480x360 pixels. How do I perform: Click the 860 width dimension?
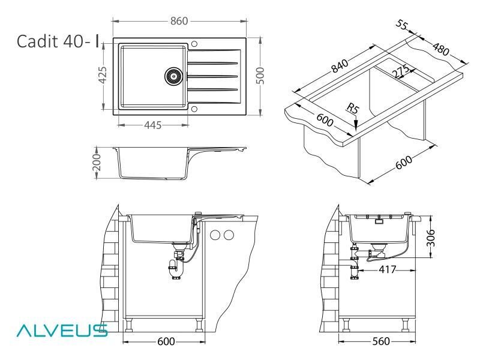tap(179, 21)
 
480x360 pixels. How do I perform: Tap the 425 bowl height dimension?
tap(102, 76)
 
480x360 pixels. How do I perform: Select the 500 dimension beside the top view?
tap(260, 76)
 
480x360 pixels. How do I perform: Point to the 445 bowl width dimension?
tap(153, 125)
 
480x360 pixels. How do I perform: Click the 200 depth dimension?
tap(97, 163)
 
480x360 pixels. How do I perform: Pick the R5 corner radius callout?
tap(352, 109)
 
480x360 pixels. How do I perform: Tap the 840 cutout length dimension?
tap(340, 66)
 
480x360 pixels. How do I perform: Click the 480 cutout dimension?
tap(441, 49)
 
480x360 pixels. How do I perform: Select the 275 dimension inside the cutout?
tap(401, 71)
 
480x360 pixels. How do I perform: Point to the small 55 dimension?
tap(402, 25)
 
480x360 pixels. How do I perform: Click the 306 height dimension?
tap(430, 238)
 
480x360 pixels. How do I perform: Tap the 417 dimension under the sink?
tap(388, 269)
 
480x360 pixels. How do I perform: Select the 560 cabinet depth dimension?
tap(381, 341)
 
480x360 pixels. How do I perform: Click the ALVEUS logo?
tap(62, 331)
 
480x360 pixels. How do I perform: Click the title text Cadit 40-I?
tap(58, 41)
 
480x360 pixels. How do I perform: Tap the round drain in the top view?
tap(173, 76)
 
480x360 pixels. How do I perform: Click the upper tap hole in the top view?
tap(194, 43)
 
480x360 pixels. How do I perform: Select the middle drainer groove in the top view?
tap(213, 76)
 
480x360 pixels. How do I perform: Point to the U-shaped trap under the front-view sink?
tap(176, 269)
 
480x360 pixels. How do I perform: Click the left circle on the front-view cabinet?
tap(215, 235)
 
